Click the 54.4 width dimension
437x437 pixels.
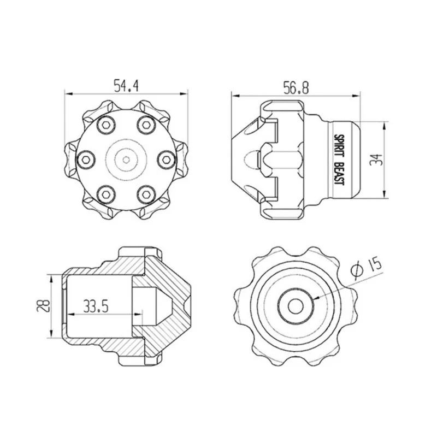126,86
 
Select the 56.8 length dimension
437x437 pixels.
296,88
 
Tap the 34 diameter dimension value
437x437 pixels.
375,160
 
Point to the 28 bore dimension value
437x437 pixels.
44,305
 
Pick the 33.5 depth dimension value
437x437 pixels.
96,307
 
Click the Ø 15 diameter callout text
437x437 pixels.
365,267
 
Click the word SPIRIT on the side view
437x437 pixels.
339,146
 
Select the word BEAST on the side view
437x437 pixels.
339,174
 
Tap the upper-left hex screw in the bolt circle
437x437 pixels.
106,125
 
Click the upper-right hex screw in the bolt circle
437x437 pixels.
146,125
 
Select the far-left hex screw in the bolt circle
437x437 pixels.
86,160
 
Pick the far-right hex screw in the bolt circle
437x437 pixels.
167,160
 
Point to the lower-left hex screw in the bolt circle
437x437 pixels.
106,194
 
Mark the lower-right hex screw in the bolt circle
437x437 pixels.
146,194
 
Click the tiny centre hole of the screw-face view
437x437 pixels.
126,160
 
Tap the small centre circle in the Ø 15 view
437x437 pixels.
296,306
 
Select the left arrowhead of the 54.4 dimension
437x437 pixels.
69,94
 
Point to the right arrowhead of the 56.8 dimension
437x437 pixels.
356,96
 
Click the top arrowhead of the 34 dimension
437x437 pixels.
385,126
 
